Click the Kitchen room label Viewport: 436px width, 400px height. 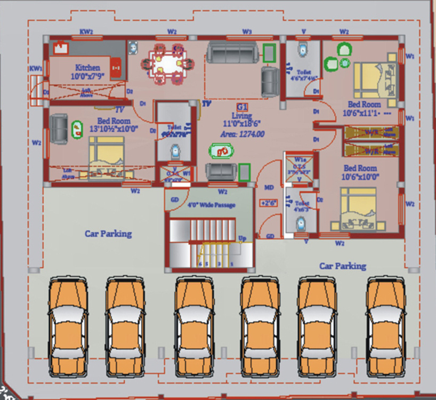(87, 68)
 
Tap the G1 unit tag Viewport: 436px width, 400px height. (241, 107)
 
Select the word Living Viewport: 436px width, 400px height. (241, 116)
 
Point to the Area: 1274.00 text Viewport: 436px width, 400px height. (243, 134)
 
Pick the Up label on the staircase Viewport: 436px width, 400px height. (243, 238)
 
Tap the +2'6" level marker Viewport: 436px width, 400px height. (269, 203)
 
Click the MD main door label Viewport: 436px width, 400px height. (269, 187)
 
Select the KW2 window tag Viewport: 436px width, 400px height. (86, 32)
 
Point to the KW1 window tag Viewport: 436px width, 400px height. (36, 68)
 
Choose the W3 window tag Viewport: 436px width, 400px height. (247, 32)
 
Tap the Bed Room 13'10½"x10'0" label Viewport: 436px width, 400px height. (114, 125)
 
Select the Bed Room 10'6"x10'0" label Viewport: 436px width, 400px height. (360, 172)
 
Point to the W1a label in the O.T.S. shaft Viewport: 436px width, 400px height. (300, 159)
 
